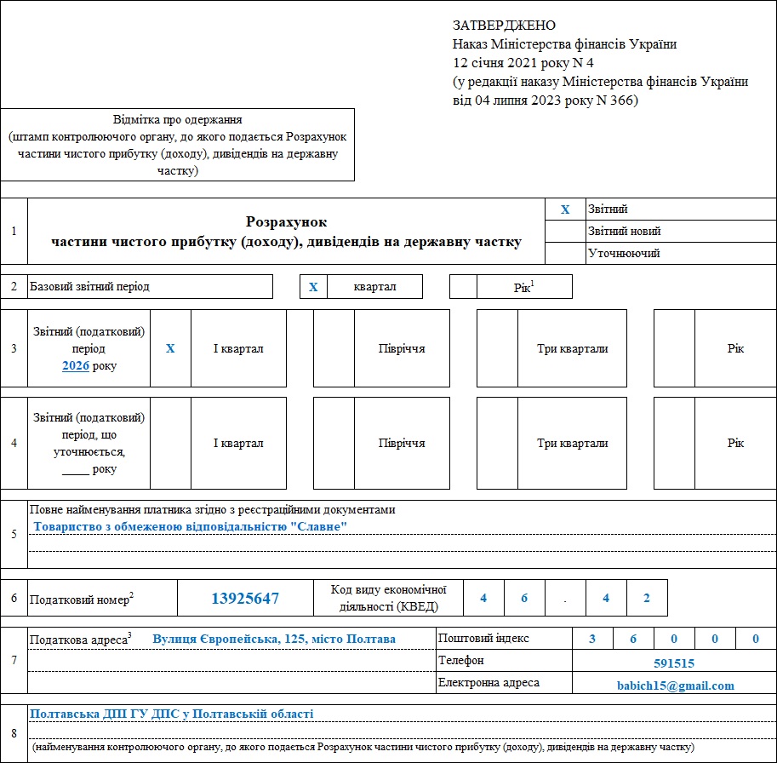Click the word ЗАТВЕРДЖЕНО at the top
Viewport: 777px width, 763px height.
click(505, 26)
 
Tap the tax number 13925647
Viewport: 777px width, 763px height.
click(245, 599)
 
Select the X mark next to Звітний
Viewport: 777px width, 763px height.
click(565, 209)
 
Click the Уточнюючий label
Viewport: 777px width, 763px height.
click(624, 253)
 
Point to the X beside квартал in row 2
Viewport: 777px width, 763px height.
click(313, 287)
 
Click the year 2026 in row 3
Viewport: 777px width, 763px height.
click(76, 366)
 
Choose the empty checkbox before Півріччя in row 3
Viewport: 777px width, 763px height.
click(334, 348)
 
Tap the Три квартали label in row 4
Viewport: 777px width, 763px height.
click(572, 443)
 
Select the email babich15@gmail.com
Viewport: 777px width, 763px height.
click(675, 686)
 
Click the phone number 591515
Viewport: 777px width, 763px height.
click(675, 663)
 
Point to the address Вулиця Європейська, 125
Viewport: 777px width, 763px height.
click(274, 639)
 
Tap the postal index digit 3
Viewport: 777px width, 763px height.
click(593, 640)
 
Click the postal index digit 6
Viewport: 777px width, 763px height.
click(634, 640)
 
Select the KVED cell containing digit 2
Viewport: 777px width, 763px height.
click(647, 598)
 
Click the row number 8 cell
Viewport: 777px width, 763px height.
click(14, 733)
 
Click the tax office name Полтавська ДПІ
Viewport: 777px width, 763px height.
click(172, 714)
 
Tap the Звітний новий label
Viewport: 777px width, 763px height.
click(624, 231)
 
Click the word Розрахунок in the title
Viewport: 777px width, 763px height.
click(286, 222)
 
